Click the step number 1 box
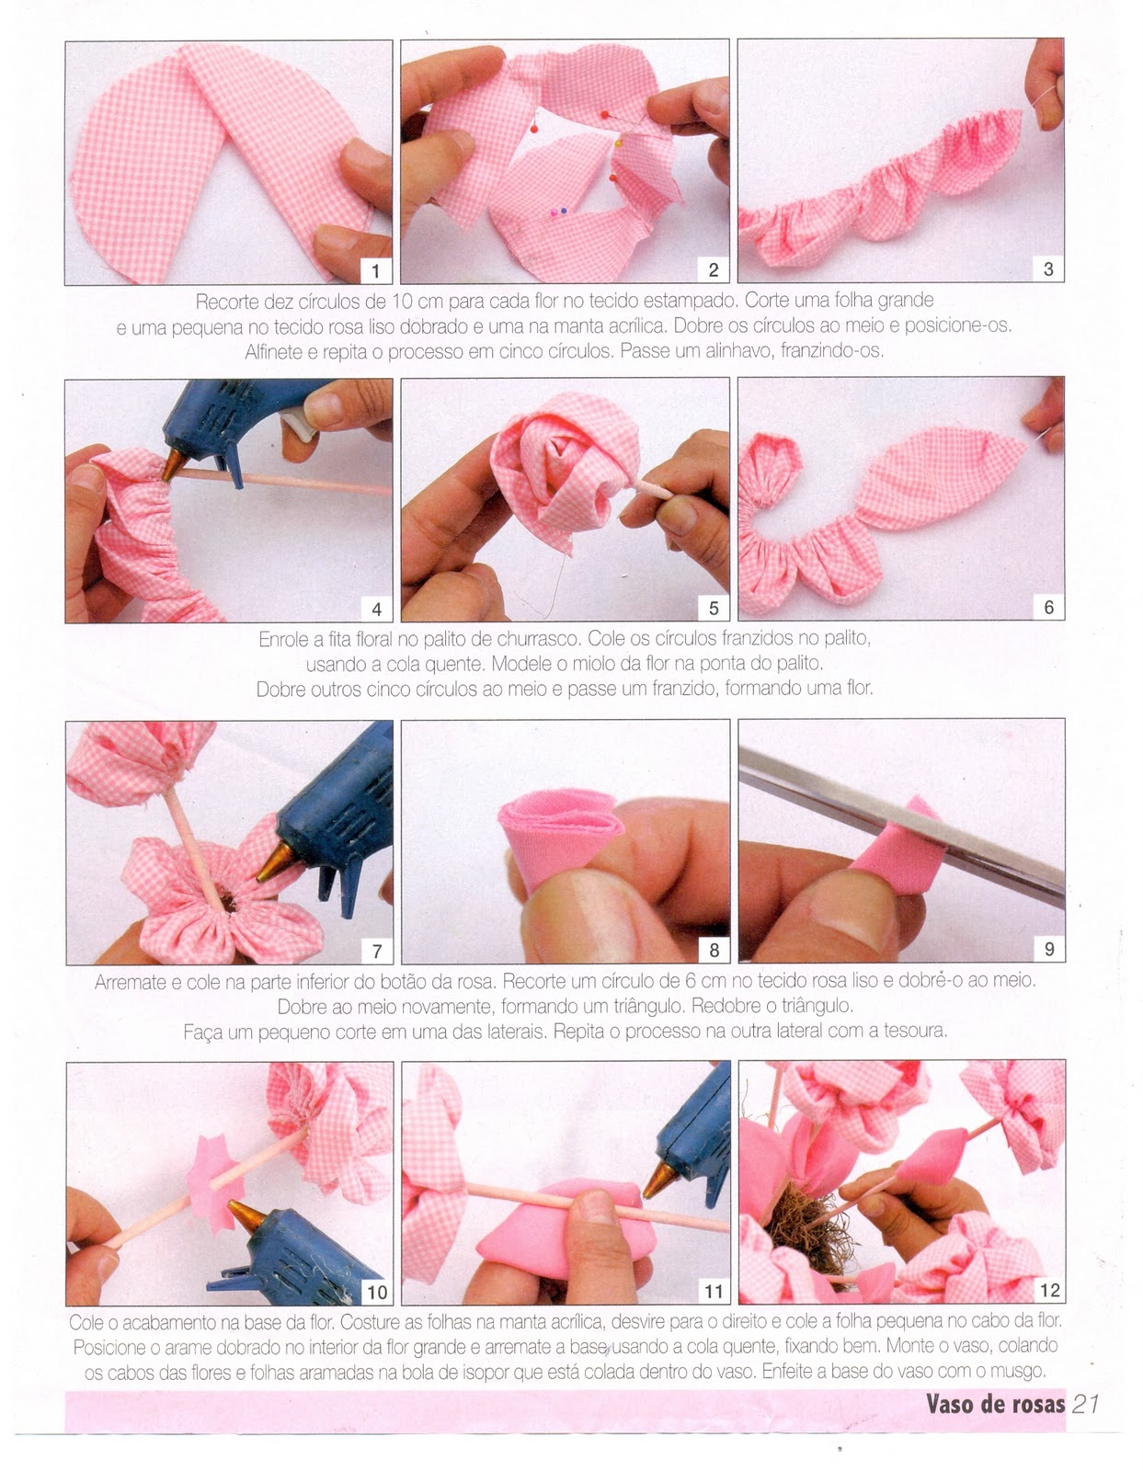click(375, 271)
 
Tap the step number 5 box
click(714, 608)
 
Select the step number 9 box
click(1049, 949)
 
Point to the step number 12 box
click(1049, 1290)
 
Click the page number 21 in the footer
click(1085, 1403)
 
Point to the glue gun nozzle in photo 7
click(275, 862)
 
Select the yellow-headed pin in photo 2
click(619, 143)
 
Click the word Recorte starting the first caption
click(227, 302)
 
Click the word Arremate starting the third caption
click(131, 982)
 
